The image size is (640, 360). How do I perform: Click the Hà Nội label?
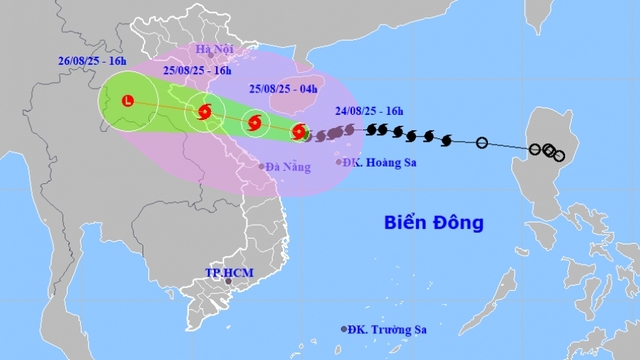point(214,49)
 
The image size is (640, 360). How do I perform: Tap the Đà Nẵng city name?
point(288,167)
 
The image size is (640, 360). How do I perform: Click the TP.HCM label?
point(225,272)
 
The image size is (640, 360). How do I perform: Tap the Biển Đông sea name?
point(433,221)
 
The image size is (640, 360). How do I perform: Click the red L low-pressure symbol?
point(127,100)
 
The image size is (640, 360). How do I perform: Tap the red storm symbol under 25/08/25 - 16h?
point(205,113)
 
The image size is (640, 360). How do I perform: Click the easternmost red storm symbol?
point(299,131)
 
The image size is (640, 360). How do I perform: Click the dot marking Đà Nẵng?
point(263,166)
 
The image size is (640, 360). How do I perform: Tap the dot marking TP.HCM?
point(228,283)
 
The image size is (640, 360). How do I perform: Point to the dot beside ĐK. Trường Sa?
point(345,329)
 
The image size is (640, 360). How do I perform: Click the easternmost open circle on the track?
point(558,155)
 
